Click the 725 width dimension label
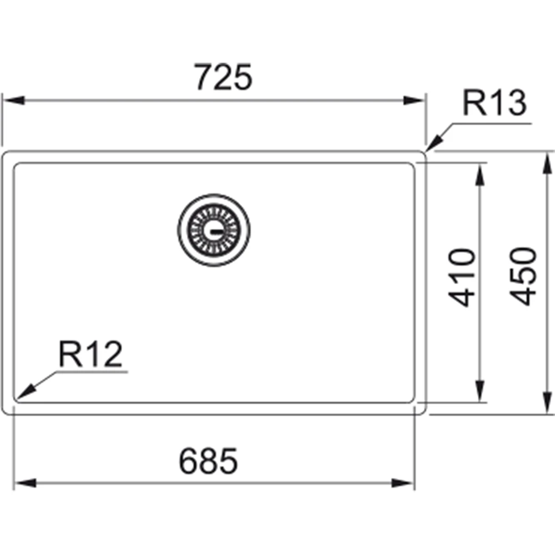tap(223, 77)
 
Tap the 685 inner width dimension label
tap(208, 461)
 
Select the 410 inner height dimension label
tap(461, 277)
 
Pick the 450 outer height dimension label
tap(523, 276)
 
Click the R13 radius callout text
tap(495, 103)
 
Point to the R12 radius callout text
tap(90, 354)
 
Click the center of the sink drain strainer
tap(214, 230)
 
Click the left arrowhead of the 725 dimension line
tap(14, 100)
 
